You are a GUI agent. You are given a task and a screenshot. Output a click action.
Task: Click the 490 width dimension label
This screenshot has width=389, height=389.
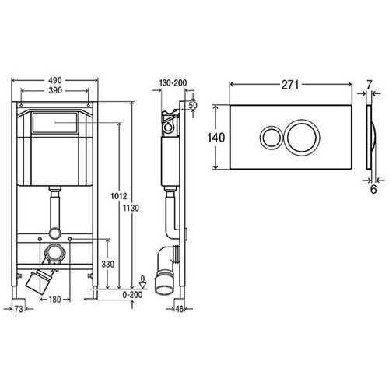(55, 80)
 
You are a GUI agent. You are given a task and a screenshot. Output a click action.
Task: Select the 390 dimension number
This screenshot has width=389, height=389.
(55, 90)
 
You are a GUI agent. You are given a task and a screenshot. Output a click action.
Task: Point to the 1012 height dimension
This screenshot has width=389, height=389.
(119, 196)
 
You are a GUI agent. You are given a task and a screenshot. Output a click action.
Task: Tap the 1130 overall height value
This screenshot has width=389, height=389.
(131, 208)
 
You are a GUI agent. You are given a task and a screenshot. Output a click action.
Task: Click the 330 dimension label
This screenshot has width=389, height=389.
(108, 265)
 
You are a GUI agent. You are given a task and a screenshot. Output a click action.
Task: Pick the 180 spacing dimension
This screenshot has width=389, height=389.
(54, 300)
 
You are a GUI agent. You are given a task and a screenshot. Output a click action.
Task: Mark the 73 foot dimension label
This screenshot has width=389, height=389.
(19, 309)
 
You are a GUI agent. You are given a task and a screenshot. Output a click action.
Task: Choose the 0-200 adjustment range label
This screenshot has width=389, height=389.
(132, 295)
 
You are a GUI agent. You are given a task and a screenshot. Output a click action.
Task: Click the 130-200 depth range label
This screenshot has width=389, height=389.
(173, 83)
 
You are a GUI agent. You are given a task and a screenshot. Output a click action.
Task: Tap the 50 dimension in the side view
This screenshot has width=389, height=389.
(193, 105)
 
